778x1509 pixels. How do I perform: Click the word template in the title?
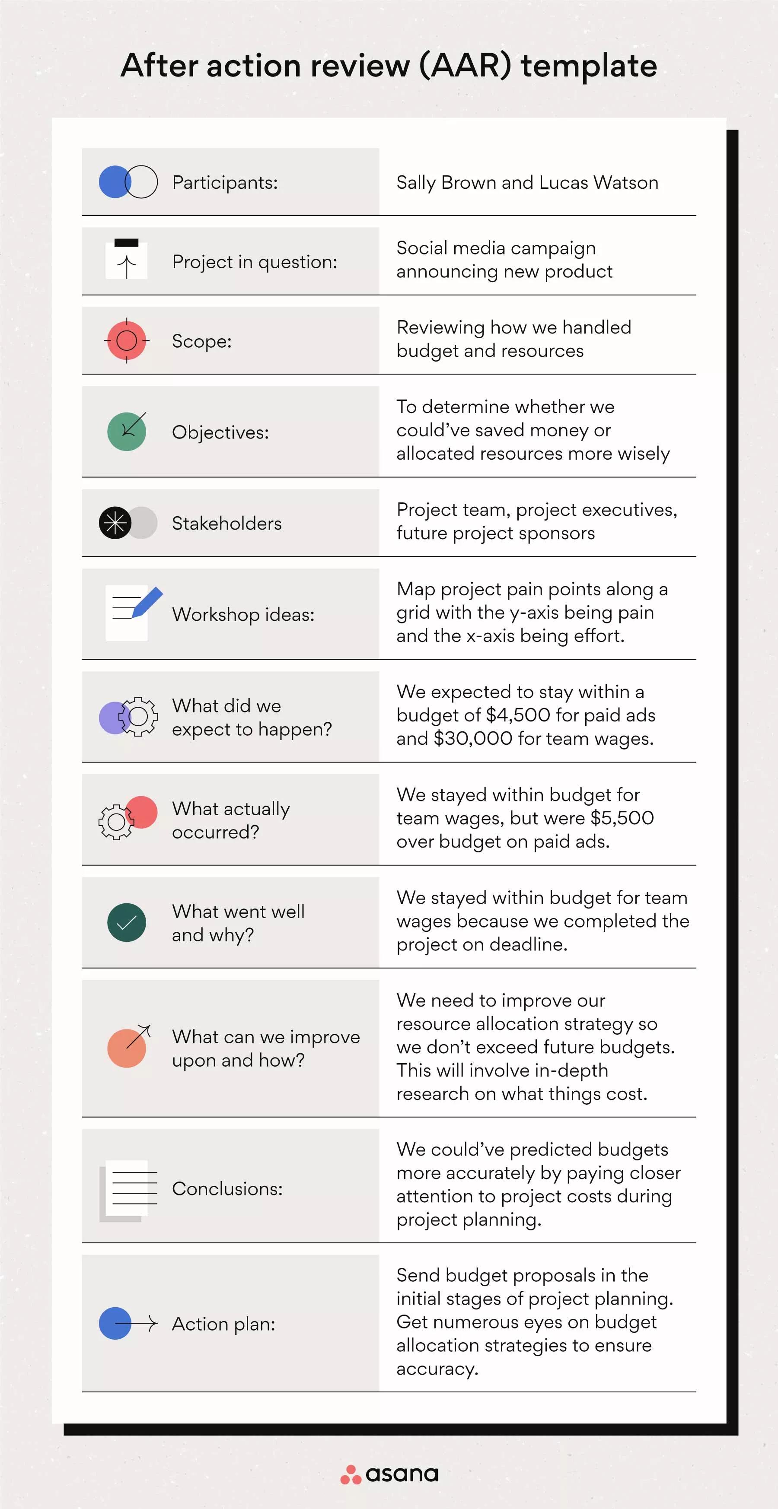pyautogui.click(x=589, y=66)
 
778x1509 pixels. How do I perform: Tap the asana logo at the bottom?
pyautogui.click(x=389, y=1474)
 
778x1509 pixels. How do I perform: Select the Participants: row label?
pyautogui.click(x=225, y=183)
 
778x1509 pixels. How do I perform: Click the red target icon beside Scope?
pyautogui.click(x=127, y=340)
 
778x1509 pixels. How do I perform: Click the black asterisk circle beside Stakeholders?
pyautogui.click(x=115, y=523)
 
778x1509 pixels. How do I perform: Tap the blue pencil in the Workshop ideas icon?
pyautogui.click(x=147, y=602)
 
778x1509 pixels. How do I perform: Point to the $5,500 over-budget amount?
pyautogui.click(x=622, y=818)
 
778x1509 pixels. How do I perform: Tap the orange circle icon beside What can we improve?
pyautogui.click(x=126, y=1048)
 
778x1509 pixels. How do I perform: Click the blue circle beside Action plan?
pyautogui.click(x=115, y=1323)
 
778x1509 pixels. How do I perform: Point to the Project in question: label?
pyautogui.click(x=255, y=262)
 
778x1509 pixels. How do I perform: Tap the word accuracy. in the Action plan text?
pyautogui.click(x=437, y=1369)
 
